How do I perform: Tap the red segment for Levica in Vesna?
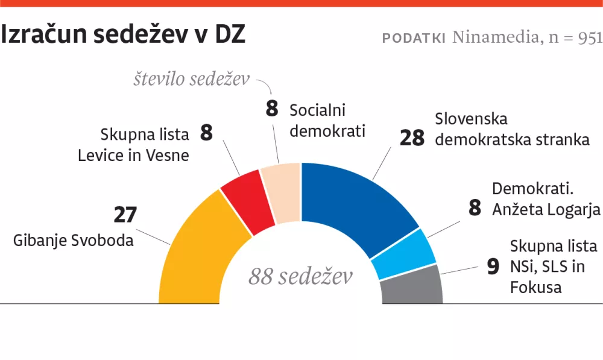click(x=247, y=205)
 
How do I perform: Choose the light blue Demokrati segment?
click(x=403, y=254)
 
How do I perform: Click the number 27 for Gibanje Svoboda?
click(x=125, y=215)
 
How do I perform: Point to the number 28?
click(x=412, y=138)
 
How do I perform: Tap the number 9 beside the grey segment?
click(x=493, y=267)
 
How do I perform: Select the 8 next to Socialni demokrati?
click(x=272, y=110)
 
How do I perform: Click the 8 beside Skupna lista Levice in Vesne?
click(x=206, y=133)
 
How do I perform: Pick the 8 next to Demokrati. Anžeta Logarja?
click(x=475, y=208)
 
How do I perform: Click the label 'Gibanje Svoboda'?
click(x=74, y=240)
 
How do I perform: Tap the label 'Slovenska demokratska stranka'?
click(x=512, y=130)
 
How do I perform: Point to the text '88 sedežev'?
click(x=300, y=277)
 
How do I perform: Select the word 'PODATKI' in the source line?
click(x=414, y=38)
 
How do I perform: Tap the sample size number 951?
click(x=589, y=38)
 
